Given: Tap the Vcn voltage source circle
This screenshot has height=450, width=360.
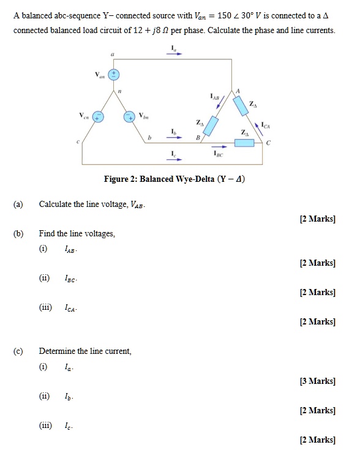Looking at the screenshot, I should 98,116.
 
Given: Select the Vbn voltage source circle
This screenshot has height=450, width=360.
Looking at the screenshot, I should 129,116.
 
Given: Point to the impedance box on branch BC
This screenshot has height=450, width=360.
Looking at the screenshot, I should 245,143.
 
